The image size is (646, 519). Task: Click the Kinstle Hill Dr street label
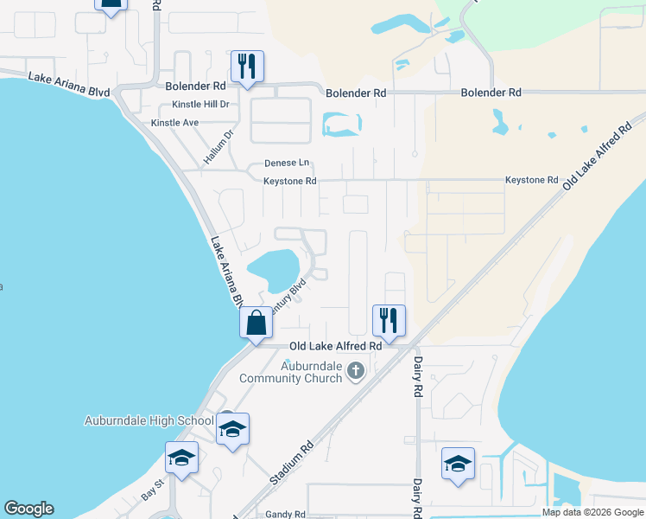pyautogui.click(x=200, y=104)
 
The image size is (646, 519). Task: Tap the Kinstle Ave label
pyautogui.click(x=174, y=123)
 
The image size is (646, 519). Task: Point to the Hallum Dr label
pyautogui.click(x=219, y=147)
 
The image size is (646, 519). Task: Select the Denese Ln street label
pyautogui.click(x=287, y=163)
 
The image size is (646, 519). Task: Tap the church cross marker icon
pyautogui.click(x=355, y=372)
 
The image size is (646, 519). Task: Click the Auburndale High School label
pyautogui.click(x=149, y=421)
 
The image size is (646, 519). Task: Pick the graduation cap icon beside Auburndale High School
pyautogui.click(x=232, y=429)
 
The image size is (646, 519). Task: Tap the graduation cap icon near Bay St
pyautogui.click(x=181, y=458)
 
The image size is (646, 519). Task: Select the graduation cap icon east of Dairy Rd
pyautogui.click(x=458, y=464)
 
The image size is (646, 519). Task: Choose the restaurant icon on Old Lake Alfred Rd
pyautogui.click(x=389, y=320)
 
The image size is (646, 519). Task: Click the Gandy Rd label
pyautogui.click(x=285, y=514)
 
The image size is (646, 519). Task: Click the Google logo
pyautogui.click(x=28, y=509)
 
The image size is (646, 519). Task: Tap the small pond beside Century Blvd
pyautogui.click(x=275, y=267)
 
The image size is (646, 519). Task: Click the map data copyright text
pyautogui.click(x=592, y=512)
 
